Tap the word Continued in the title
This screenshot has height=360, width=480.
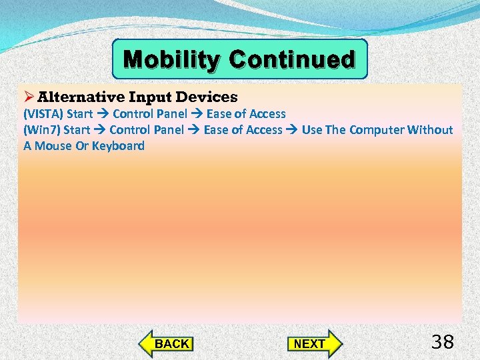coord(292,60)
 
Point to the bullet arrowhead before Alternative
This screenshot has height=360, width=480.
coord(29,97)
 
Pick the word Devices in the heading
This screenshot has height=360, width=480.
coord(207,97)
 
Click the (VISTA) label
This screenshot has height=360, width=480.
coord(43,114)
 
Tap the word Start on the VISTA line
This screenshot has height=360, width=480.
coord(80,114)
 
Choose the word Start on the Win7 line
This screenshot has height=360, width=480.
coord(77,130)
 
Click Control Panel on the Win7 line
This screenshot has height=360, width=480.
coord(147,130)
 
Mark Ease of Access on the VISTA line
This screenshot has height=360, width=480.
coord(246,114)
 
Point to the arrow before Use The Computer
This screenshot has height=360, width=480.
coord(292,130)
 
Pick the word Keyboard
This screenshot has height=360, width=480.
coord(118,146)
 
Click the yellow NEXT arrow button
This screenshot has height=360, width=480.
coord(314,343)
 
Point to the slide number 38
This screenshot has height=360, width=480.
coord(443,343)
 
